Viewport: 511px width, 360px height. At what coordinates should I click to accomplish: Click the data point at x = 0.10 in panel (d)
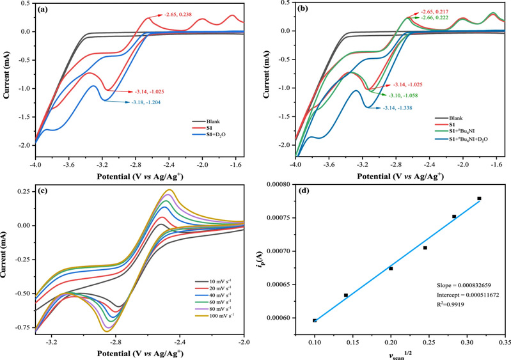pos(315,320)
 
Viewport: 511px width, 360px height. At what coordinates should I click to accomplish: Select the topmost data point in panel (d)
pos(479,199)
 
